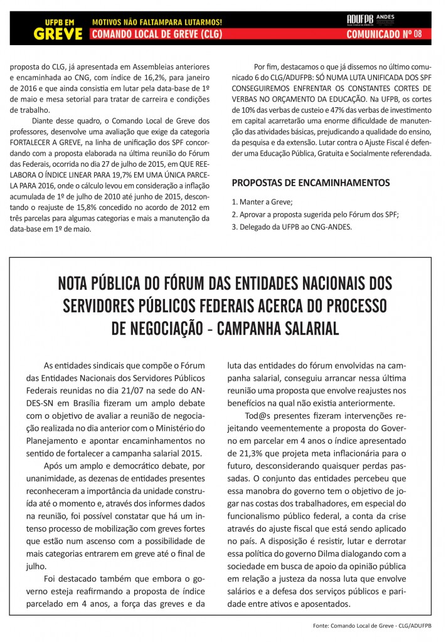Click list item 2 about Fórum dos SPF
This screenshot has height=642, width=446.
315,214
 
